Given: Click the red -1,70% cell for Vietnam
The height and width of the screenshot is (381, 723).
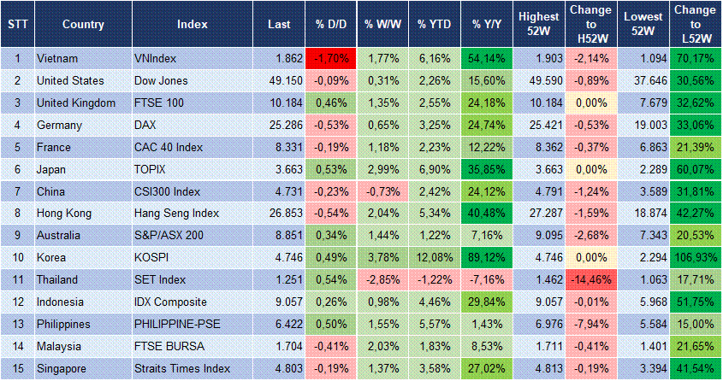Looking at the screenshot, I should (x=329, y=59).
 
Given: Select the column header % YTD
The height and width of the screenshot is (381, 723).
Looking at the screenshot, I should (x=433, y=24).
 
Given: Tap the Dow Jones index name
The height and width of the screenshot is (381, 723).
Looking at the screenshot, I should (x=156, y=80).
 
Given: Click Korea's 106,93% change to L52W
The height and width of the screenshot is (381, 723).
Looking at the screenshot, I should (x=694, y=258).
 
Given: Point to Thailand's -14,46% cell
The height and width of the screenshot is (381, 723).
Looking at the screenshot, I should (x=590, y=280).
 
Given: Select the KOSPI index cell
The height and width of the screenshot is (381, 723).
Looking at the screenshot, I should (x=151, y=258).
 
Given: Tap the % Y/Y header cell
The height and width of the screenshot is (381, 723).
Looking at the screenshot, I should (x=485, y=24).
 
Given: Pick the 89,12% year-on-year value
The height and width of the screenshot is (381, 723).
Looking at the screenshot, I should (x=485, y=258).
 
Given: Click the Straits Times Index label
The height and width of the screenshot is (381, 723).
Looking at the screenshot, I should (x=182, y=369).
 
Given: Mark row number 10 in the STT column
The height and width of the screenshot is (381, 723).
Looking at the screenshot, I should (x=16, y=258).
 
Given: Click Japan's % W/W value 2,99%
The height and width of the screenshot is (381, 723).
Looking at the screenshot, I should (x=382, y=169).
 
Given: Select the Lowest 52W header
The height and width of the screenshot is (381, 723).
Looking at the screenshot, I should (x=642, y=24).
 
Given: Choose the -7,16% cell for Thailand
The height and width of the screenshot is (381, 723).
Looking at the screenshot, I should (x=485, y=280).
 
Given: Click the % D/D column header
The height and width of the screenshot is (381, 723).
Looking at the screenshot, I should (x=329, y=24).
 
